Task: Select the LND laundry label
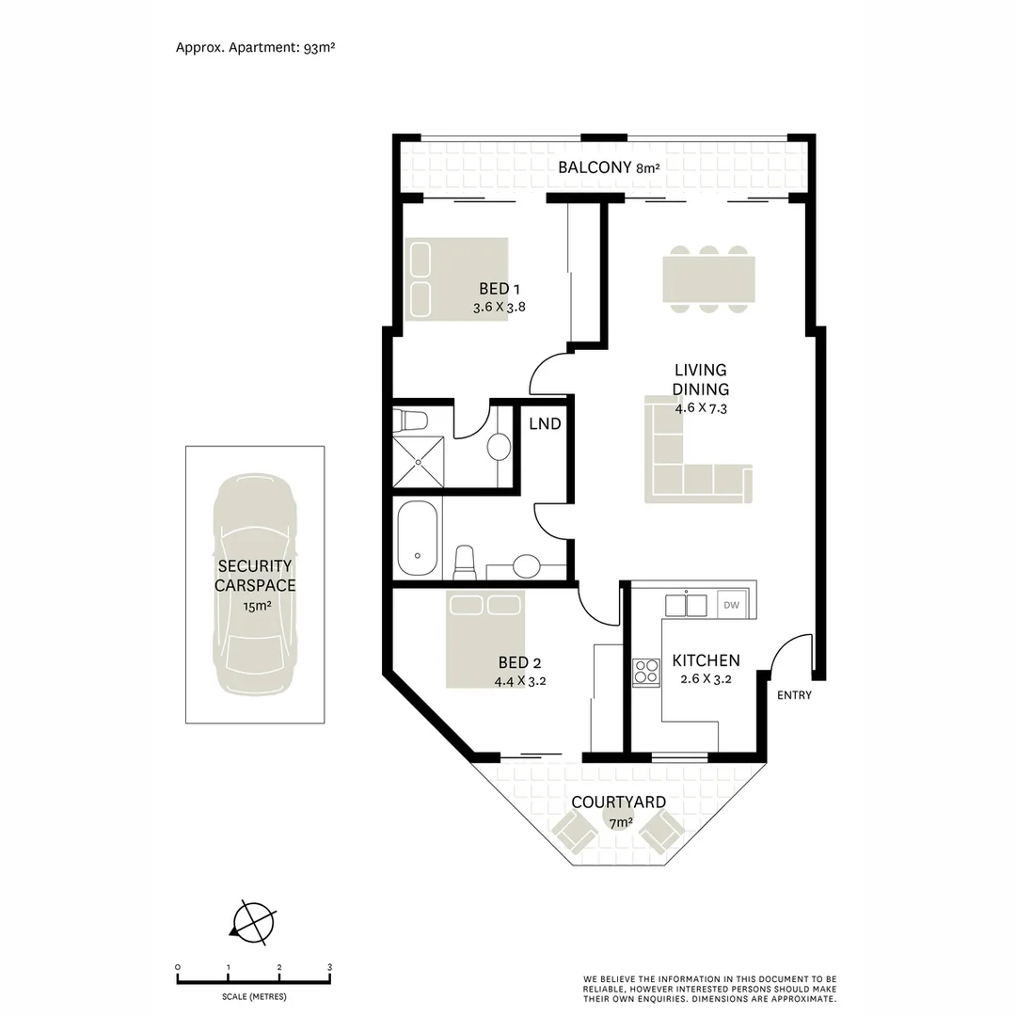click(545, 424)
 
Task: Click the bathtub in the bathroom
click(417, 539)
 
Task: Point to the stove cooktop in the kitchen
click(646, 672)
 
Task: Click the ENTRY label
click(794, 696)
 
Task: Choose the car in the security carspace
click(254, 585)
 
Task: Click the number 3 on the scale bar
click(329, 967)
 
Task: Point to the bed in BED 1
click(457, 278)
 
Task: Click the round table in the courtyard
click(615, 820)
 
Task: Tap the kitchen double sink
click(686, 604)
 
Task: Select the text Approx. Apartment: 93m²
click(256, 46)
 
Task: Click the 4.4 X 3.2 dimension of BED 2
click(520, 681)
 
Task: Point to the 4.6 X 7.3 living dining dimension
click(701, 408)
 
